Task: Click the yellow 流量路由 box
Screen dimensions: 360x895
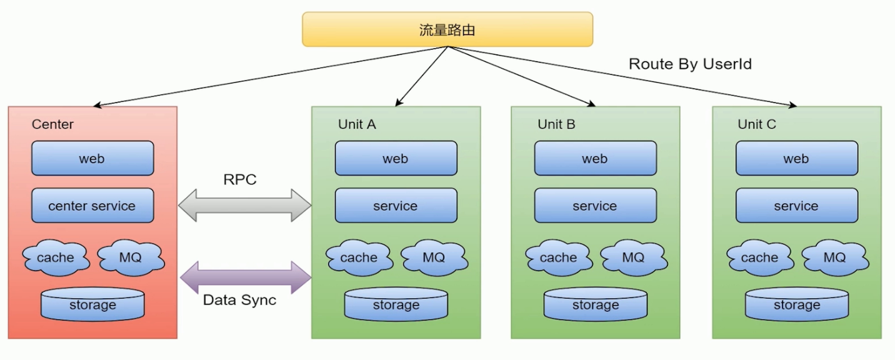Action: [447, 29]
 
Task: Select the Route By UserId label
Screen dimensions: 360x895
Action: [689, 64]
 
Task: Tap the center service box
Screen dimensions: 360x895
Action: [92, 206]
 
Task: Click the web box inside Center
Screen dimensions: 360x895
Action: [92, 158]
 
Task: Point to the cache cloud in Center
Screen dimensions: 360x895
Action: [55, 257]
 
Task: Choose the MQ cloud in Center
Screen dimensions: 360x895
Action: [130, 257]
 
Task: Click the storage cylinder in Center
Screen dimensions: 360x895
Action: [92, 304]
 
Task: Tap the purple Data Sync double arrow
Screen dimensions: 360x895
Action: [245, 277]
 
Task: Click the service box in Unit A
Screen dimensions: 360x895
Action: [395, 206]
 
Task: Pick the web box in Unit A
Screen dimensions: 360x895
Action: [395, 158]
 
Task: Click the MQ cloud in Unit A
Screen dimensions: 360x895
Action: [433, 257]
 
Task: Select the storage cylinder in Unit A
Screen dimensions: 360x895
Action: [396, 304]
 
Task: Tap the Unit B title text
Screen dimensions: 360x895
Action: [556, 124]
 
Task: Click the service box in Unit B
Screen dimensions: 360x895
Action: [594, 206]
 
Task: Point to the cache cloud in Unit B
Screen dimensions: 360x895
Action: [558, 257]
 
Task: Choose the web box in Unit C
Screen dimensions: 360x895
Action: [796, 158]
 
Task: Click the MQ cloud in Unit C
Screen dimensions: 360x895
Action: [834, 257]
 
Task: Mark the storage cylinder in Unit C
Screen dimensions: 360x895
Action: [796, 304]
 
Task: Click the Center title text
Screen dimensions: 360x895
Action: [52, 124]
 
